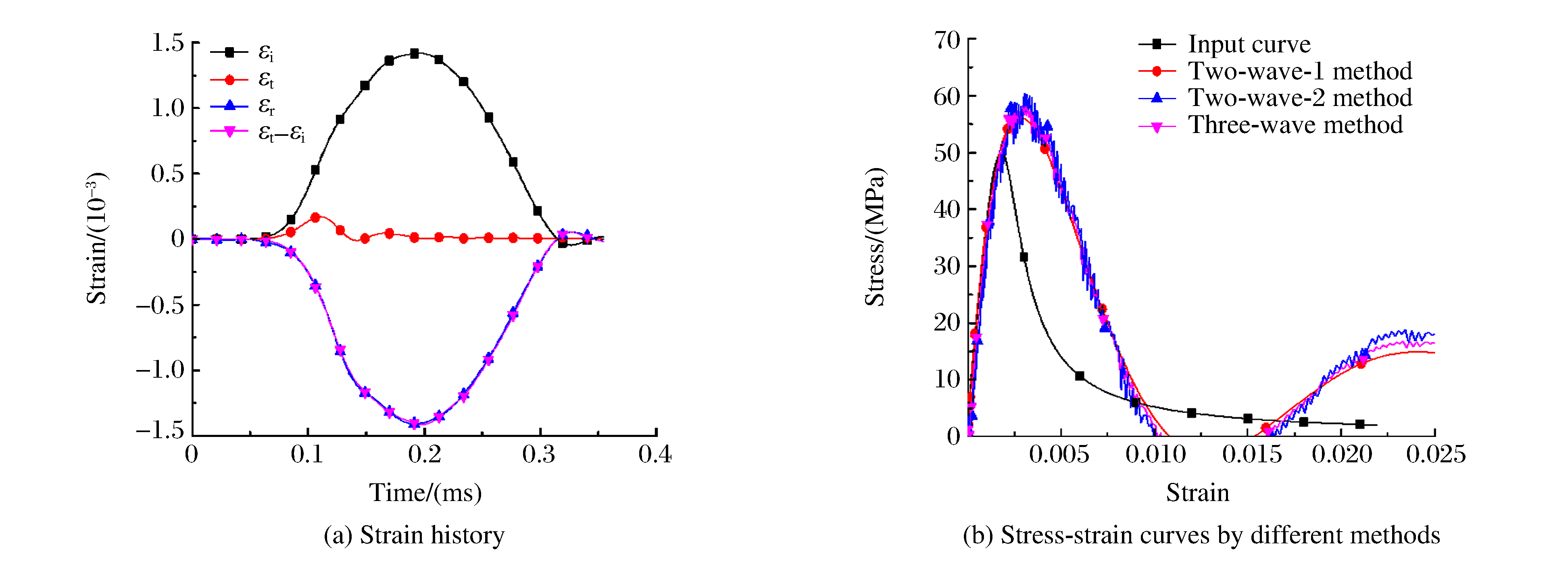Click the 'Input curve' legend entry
[1249, 44]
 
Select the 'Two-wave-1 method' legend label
[1299, 71]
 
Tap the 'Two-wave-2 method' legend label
[1299, 98]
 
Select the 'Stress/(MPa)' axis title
[875, 237]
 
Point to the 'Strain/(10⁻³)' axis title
[96, 238]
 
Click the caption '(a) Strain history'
[414, 535]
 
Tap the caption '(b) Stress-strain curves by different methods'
[1201, 535]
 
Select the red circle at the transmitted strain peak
[315, 217]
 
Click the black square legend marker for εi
[229, 52]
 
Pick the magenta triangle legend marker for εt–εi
[229, 132]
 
